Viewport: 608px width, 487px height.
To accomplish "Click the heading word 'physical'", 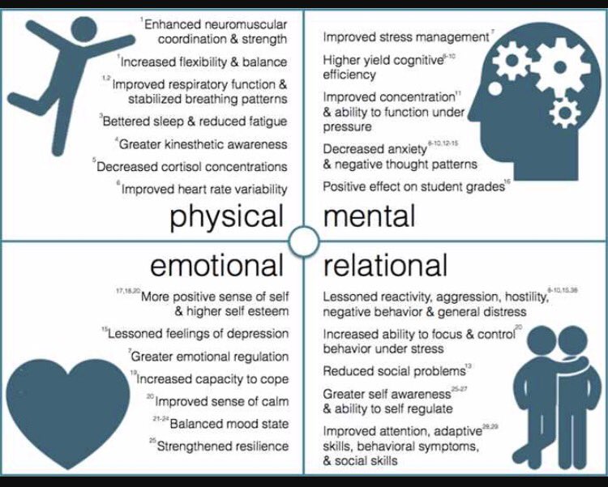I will coord(227,216).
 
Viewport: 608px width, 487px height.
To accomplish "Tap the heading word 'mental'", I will coord(369,216).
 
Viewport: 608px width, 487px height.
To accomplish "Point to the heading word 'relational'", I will coord(385,265).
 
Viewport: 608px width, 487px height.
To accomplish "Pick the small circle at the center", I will coord(304,241).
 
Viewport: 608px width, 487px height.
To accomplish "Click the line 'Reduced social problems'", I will coord(394,371).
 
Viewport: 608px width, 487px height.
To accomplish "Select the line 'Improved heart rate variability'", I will coord(204,190).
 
